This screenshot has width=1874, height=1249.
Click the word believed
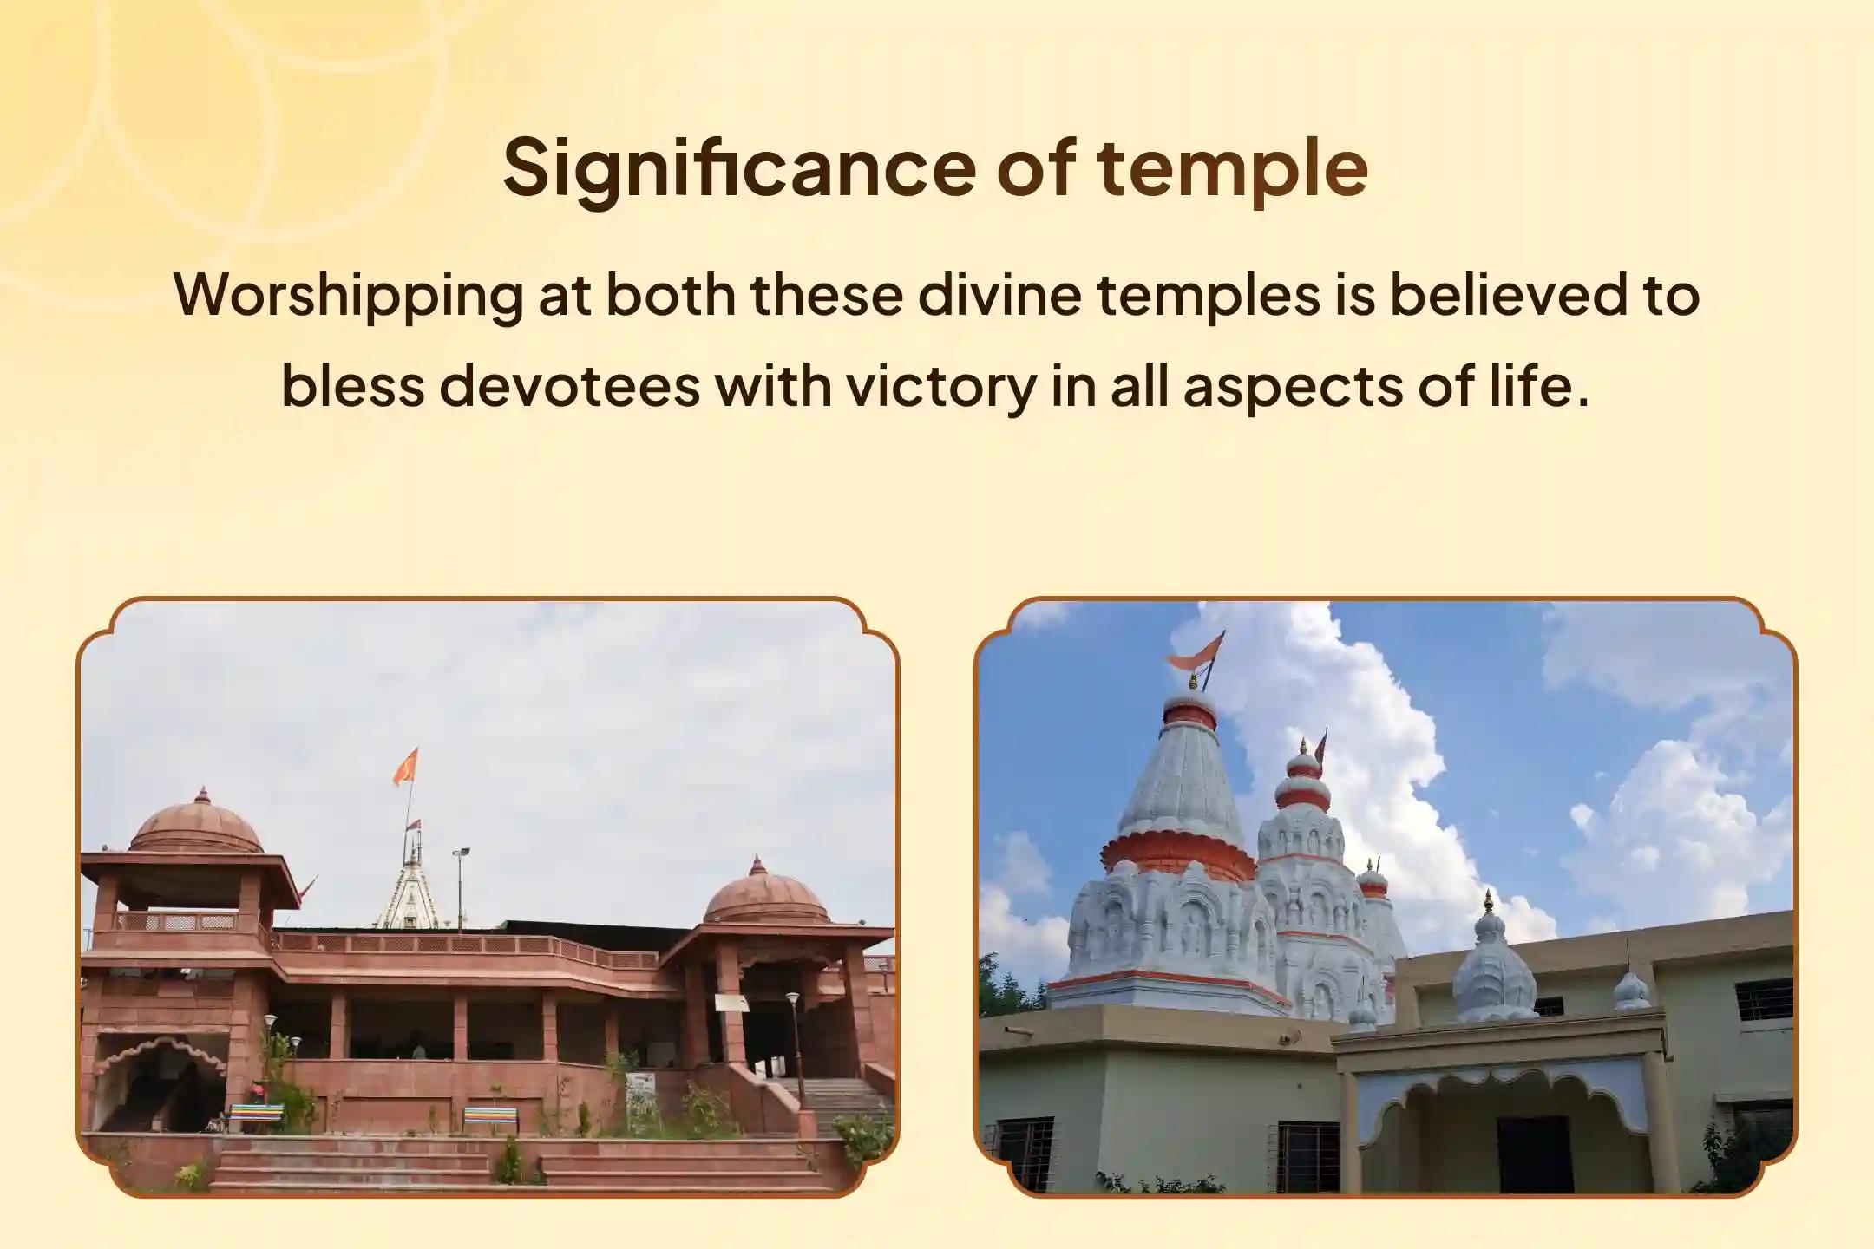(x=1497, y=294)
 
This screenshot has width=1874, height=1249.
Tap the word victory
(x=942, y=389)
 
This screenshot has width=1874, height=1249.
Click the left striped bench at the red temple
(x=255, y=1116)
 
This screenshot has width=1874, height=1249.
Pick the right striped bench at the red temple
(x=490, y=1117)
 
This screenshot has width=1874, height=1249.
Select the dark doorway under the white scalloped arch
(x=1535, y=1153)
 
